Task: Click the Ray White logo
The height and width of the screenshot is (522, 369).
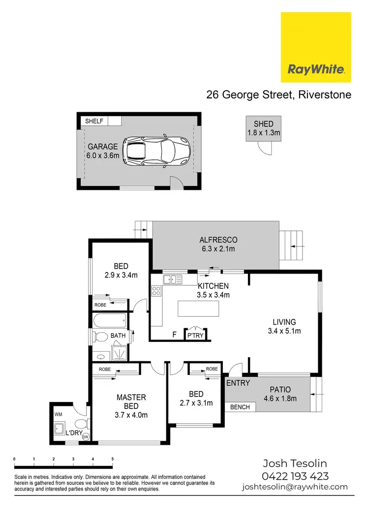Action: pos(316,47)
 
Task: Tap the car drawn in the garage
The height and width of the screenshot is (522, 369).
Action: pos(157,151)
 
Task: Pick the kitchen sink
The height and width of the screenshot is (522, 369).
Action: pos(173,279)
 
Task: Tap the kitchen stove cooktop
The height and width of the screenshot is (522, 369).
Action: pos(157,291)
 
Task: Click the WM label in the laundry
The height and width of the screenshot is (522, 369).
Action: pos(59,415)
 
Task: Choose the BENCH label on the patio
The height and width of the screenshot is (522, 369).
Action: pos(240,407)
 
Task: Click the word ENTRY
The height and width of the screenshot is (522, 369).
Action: pos(238,383)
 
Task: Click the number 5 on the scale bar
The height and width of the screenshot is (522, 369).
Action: pos(112,459)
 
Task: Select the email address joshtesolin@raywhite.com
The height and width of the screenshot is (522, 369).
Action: pos(295,487)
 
